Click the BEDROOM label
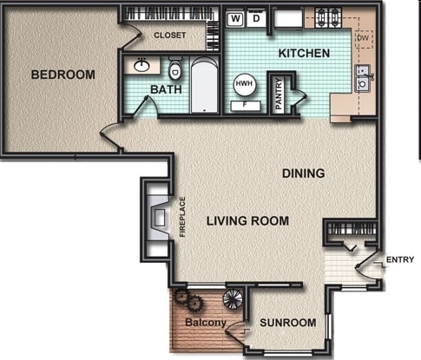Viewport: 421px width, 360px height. (x=62, y=75)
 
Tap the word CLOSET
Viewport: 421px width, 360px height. (x=170, y=36)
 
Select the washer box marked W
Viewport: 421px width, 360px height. (x=235, y=18)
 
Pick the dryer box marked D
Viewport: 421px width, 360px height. (x=256, y=18)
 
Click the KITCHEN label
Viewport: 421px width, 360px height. (x=303, y=54)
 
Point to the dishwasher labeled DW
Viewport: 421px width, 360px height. (x=364, y=38)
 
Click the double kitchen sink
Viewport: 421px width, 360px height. (x=363, y=78)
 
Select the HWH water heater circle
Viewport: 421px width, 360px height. (x=244, y=85)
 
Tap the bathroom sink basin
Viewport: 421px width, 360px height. (x=141, y=65)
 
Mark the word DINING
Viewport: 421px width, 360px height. (x=303, y=173)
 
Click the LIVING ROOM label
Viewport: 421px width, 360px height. (x=247, y=221)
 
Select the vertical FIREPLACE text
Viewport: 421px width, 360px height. (x=182, y=217)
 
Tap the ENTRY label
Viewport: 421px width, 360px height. (x=399, y=259)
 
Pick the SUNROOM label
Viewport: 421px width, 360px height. (x=287, y=323)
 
